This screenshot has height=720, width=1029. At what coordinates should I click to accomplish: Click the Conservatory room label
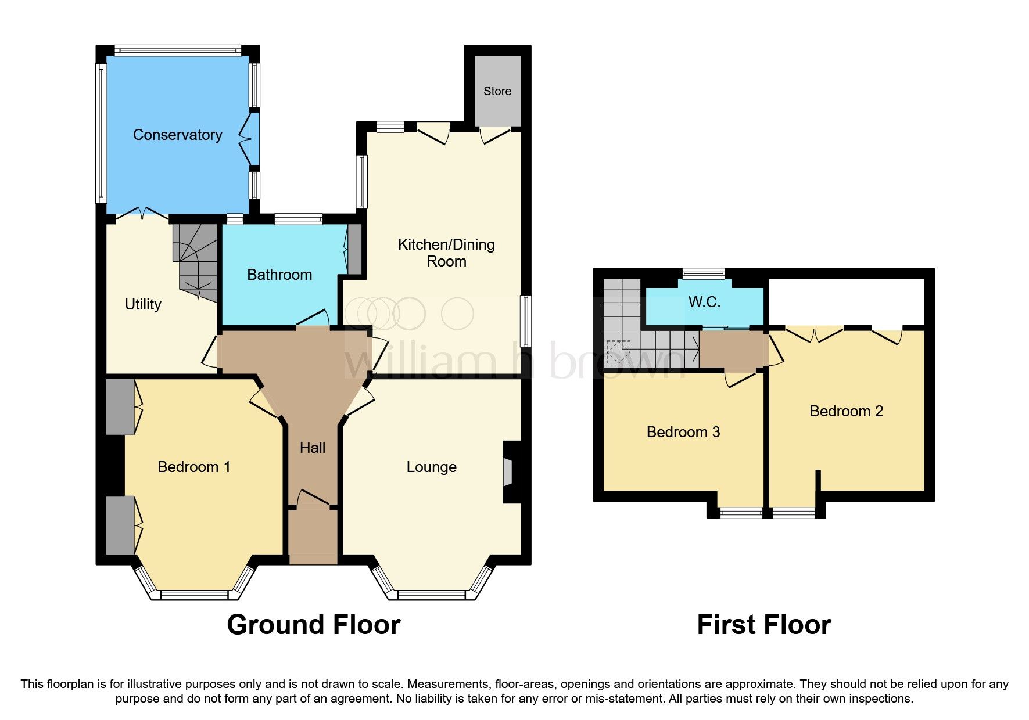coord(177,135)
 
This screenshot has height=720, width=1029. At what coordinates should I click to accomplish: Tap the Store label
coord(497,91)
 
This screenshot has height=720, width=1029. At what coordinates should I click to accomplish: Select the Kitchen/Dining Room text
coord(446,253)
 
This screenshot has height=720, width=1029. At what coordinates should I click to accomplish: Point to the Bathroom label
coord(279,275)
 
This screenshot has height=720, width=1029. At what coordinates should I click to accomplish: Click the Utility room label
coord(143,304)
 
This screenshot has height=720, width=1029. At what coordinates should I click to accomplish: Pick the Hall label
coord(313,448)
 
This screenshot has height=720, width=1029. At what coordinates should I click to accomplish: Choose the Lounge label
coord(431,467)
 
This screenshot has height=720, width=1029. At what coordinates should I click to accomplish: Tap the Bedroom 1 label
coord(194,467)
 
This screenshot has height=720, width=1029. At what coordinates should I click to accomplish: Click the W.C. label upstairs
coord(704,302)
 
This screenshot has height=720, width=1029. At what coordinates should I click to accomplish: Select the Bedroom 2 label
coord(846,411)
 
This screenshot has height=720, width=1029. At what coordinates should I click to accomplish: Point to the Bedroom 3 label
coord(683,432)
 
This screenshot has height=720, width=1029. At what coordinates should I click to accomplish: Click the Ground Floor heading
coord(313,625)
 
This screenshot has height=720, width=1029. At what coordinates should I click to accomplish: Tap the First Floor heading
coord(763,625)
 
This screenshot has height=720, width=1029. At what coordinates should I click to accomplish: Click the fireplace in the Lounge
coord(508,471)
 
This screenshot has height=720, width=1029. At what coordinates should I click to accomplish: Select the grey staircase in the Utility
coord(195,261)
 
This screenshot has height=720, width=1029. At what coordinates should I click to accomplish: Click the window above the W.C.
coord(704,273)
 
